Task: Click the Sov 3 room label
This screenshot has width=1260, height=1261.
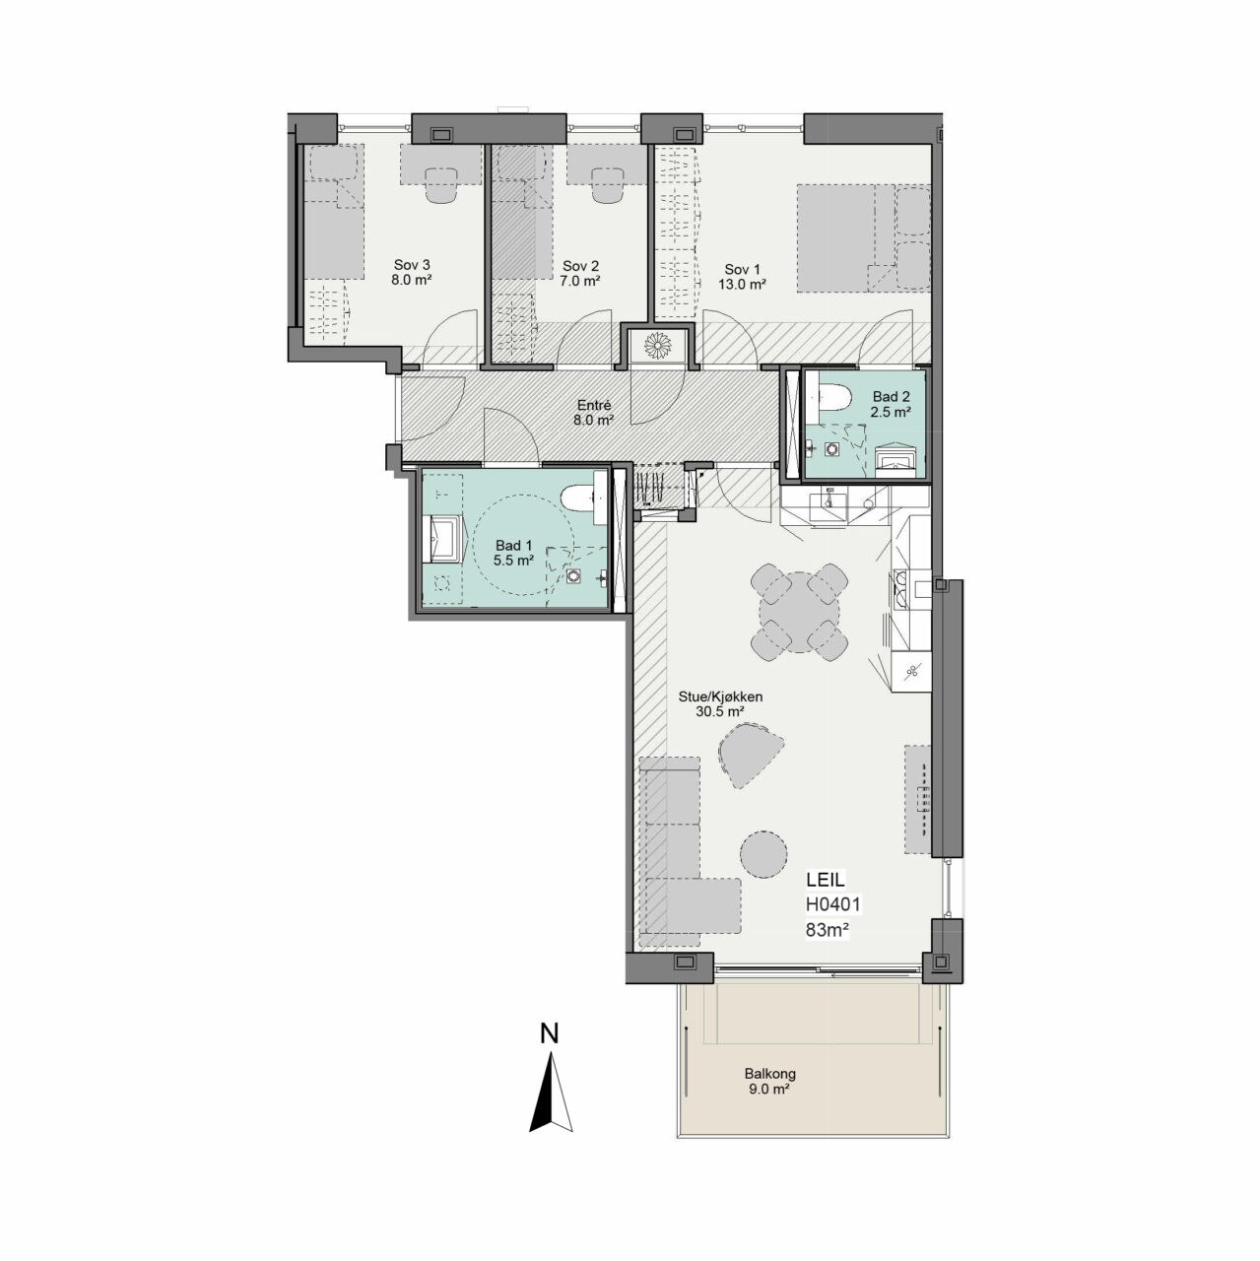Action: click(412, 265)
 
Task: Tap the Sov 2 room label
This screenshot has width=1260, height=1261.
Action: click(580, 266)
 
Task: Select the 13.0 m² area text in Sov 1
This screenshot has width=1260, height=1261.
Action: click(742, 285)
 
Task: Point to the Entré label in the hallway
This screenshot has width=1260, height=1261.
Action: click(594, 405)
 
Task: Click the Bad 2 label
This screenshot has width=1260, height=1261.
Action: click(891, 397)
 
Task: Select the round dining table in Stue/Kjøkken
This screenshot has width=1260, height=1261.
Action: click(799, 613)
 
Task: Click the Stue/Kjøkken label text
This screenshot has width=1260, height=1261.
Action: click(720, 697)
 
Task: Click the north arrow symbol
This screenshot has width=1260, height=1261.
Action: click(551, 1101)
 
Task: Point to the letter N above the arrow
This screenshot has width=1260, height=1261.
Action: click(549, 1033)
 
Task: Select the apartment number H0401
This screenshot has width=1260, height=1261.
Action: click(832, 904)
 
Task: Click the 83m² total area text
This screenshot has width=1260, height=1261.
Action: click(828, 929)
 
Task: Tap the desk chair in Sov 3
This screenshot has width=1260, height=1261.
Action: click(441, 185)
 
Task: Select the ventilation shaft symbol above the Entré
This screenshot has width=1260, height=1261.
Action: click(657, 346)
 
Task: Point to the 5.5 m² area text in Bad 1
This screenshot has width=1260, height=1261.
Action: click(514, 561)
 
